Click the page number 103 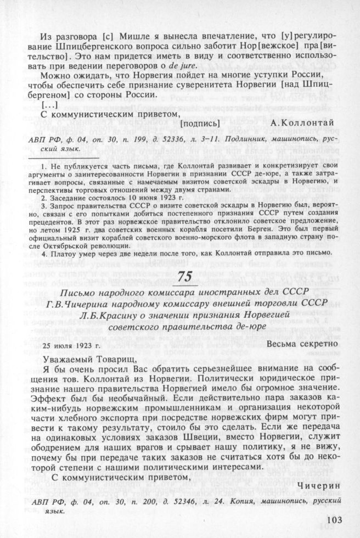335,520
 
